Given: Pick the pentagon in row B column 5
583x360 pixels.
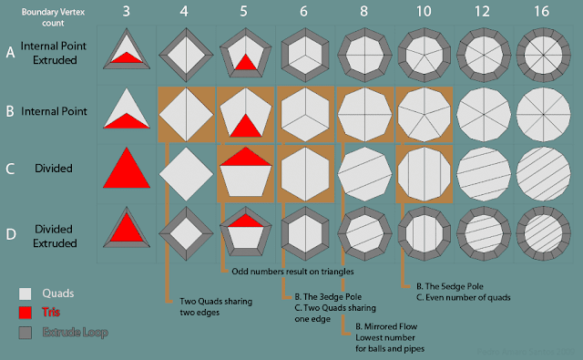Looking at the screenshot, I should tap(246, 114).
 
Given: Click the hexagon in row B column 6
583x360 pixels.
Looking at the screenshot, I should tap(305, 114).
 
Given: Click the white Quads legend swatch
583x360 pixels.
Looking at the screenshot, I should tap(26, 293).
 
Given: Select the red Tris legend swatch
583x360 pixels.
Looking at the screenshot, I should tap(26, 313).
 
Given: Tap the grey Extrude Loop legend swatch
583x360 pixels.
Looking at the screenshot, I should tap(26, 333).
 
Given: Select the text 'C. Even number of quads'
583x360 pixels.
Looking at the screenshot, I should tap(461, 297).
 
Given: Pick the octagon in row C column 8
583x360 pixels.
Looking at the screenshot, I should tap(363, 173).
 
